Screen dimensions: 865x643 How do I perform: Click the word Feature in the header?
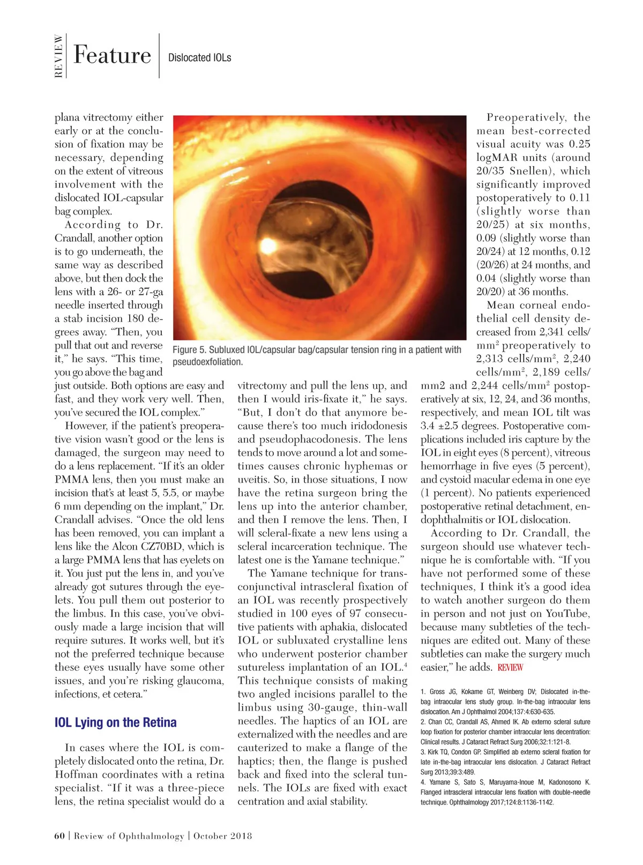pyautogui.click(x=112, y=55)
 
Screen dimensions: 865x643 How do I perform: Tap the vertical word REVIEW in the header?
pyautogui.click(x=58, y=56)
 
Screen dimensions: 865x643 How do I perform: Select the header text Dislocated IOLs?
pyautogui.click(x=199, y=58)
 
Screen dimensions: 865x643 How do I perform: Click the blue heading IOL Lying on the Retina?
pyautogui.click(x=116, y=722)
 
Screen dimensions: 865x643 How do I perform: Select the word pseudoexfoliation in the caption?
pyautogui.click(x=207, y=362)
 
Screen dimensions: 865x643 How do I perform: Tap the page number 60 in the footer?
pyautogui.click(x=59, y=836)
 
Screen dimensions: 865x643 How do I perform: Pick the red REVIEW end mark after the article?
pyautogui.click(x=510, y=668)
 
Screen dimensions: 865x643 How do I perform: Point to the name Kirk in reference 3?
pyautogui.click(x=434, y=752)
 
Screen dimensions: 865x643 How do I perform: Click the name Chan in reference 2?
pyautogui.click(x=435, y=722)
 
